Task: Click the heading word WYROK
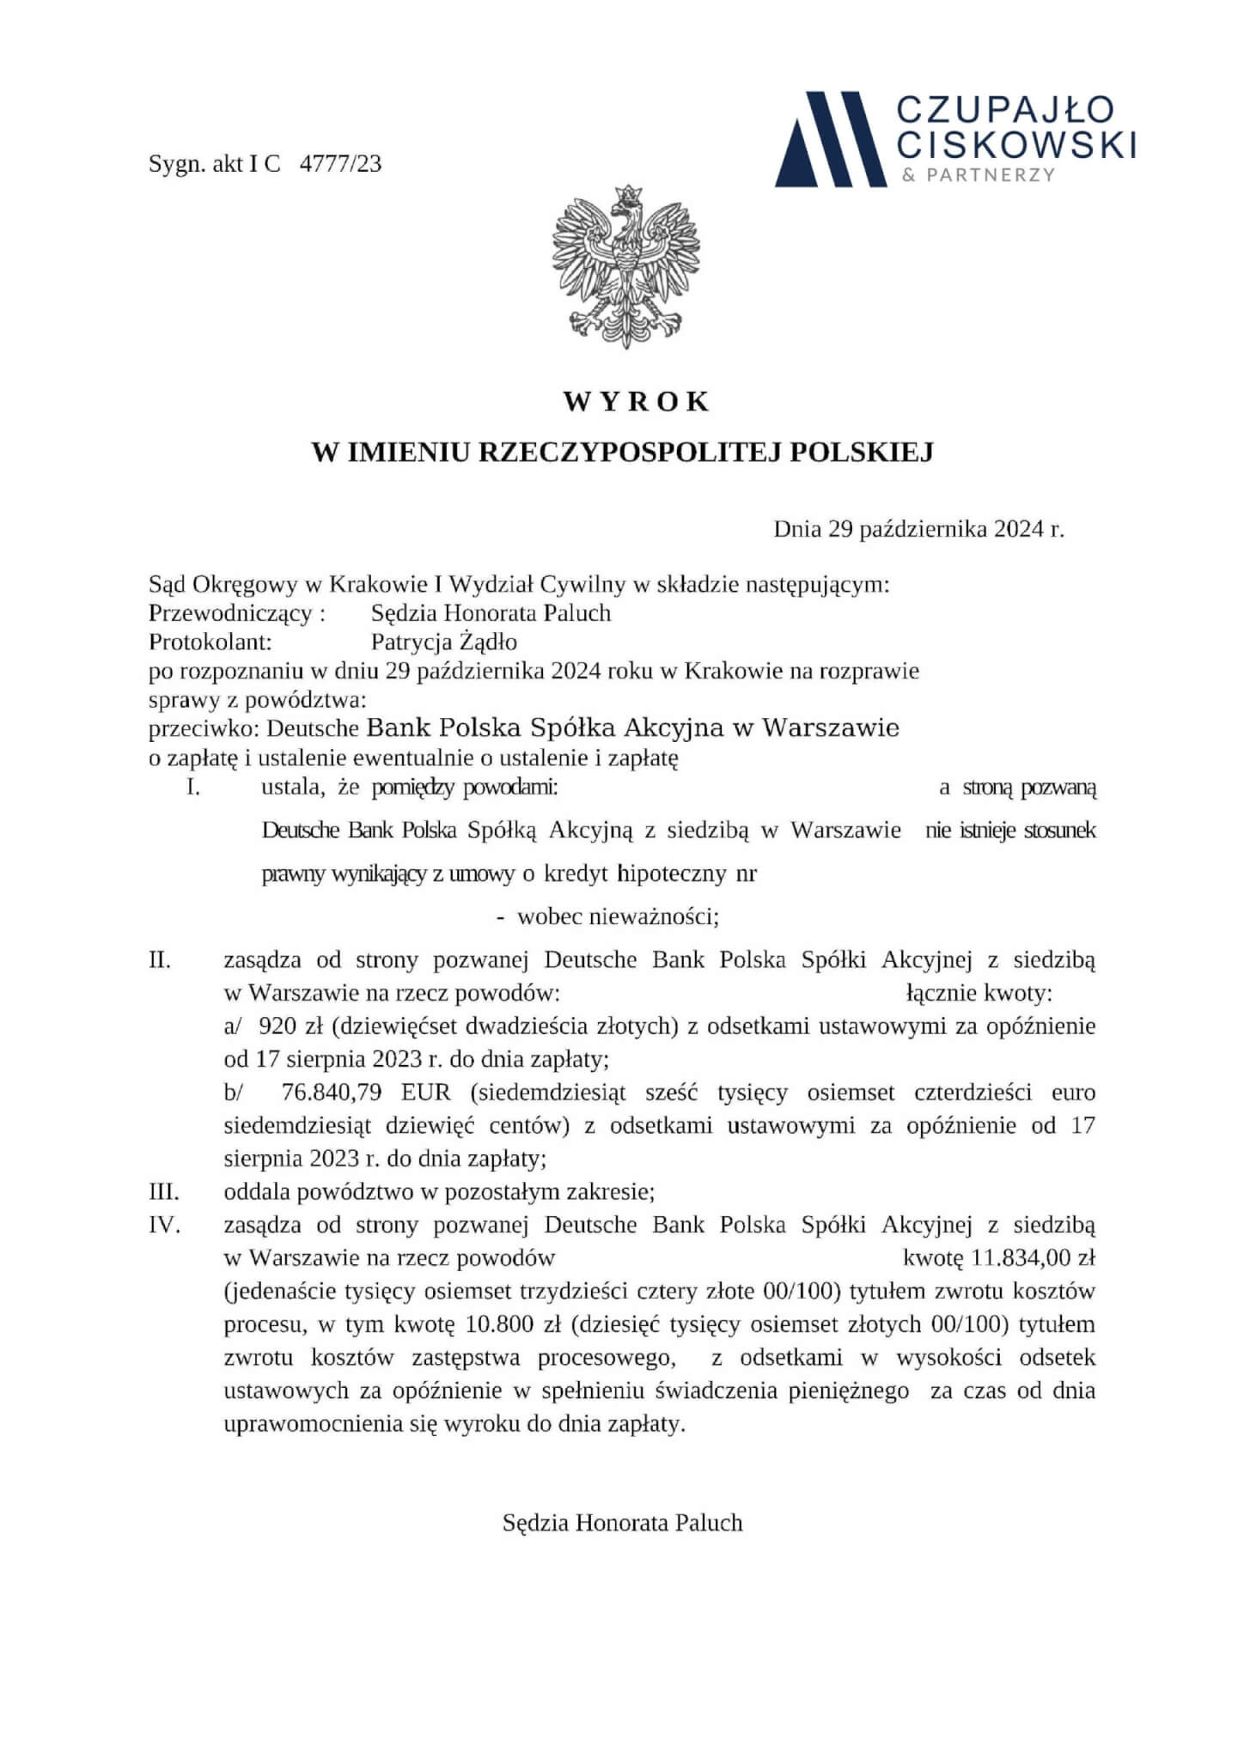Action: pyautogui.click(x=636, y=402)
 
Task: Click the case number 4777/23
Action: pyautogui.click(x=340, y=164)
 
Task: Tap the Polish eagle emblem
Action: pyautogui.click(x=625, y=266)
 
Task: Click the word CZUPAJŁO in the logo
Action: pyautogui.click(x=1005, y=109)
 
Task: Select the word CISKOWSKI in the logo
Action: pyautogui.click(x=1015, y=143)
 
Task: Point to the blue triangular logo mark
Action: pyautogui.click(x=829, y=139)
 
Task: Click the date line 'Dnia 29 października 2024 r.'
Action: pyautogui.click(x=918, y=529)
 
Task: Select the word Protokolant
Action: pyautogui.click(x=210, y=642)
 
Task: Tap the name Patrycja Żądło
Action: pyautogui.click(x=443, y=642)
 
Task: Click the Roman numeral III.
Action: pyautogui.click(x=164, y=1191)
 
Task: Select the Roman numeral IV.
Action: pyautogui.click(x=164, y=1225)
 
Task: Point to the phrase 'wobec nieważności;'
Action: pyautogui.click(x=618, y=917)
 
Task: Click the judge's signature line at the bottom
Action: pyautogui.click(x=622, y=1524)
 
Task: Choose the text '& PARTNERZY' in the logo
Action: pyautogui.click(x=977, y=175)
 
